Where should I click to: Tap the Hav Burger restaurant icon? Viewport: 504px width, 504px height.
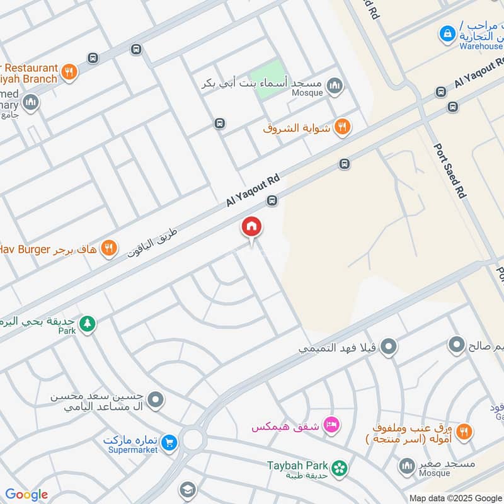pyautogui.click(x=109, y=249)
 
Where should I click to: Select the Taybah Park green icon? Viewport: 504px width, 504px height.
pyautogui.click(x=340, y=467)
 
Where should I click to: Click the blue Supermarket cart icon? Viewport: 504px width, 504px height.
pyautogui.click(x=168, y=443)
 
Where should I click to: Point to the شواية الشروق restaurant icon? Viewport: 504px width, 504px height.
pyautogui.click(x=342, y=127)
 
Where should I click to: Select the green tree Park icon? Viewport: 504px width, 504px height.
pyautogui.click(x=88, y=323)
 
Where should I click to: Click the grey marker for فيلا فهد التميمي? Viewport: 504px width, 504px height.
pyautogui.click(x=389, y=346)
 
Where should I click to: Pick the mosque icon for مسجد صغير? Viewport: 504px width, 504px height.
pyautogui.click(x=406, y=466)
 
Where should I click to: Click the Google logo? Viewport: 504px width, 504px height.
pyautogui.click(x=26, y=495)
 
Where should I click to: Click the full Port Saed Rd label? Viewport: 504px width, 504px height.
pyautogui.click(x=450, y=171)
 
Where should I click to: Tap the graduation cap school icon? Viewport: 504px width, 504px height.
pyautogui.click(x=187, y=490)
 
